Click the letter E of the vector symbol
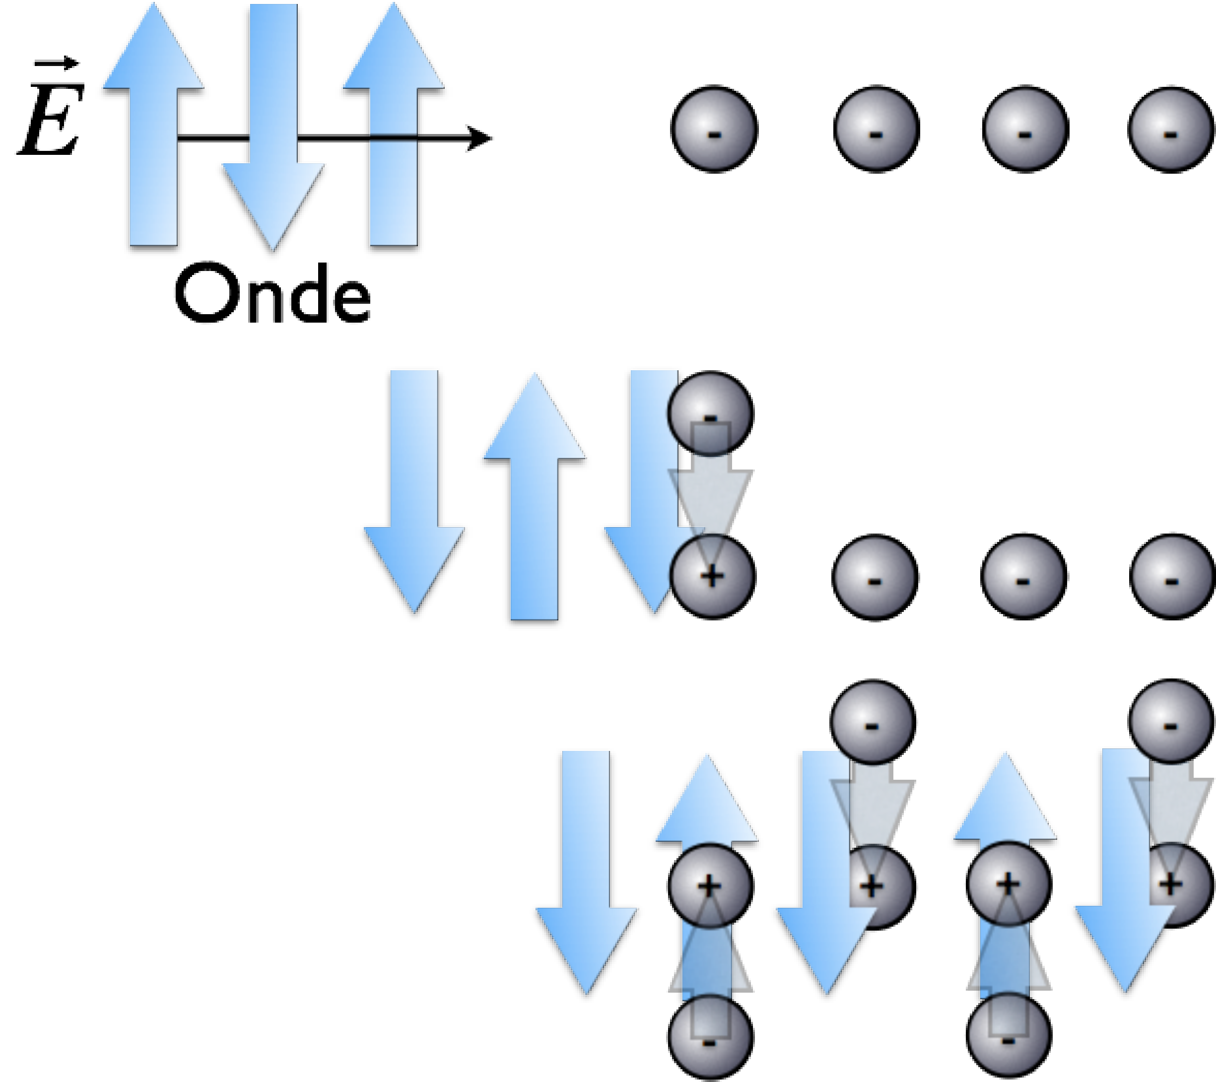[x=51, y=120]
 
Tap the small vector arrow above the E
[x=57, y=63]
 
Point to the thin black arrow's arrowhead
[x=479, y=138]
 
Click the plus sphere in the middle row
[x=712, y=576]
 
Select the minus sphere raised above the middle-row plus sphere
[x=711, y=413]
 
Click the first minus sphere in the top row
[x=715, y=130]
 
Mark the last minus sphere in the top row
[x=1171, y=130]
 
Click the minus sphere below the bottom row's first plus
[x=710, y=1037]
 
